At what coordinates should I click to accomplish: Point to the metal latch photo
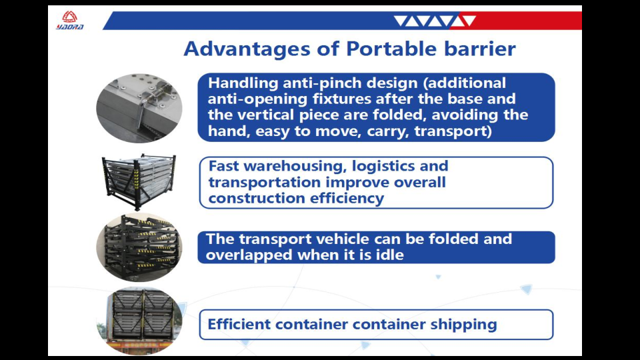pos(139,108)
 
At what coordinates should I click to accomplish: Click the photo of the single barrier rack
pos(139,181)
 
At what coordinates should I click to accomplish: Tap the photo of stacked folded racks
pos(139,247)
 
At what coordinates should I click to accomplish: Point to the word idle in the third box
pos(391,255)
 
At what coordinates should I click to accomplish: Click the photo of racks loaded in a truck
pos(139,321)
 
